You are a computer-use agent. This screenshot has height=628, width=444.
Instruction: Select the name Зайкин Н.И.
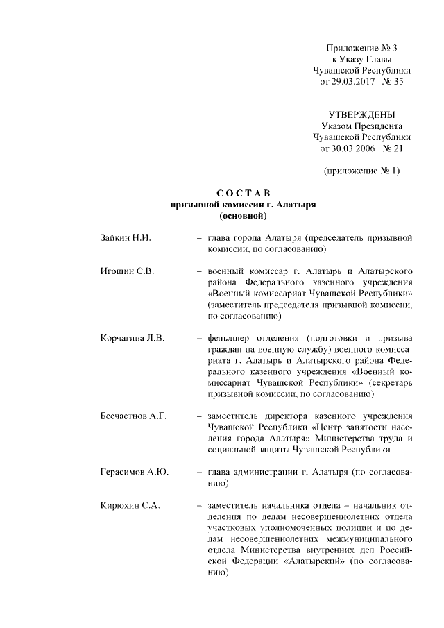126,238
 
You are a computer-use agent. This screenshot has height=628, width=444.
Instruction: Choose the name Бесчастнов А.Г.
135,416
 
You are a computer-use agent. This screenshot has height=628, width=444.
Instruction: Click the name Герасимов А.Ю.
135,473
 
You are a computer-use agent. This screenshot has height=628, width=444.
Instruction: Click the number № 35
390,82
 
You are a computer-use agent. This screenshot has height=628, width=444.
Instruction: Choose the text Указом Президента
361,126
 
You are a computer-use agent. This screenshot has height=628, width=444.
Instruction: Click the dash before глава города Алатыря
199,238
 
